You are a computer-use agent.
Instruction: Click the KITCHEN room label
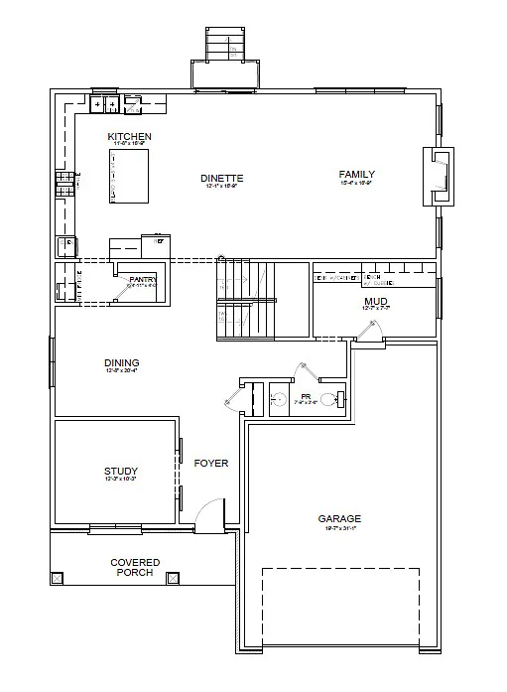click(129, 135)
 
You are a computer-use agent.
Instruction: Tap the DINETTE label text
click(222, 179)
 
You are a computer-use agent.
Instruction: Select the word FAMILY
click(357, 174)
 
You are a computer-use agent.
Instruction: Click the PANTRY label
click(143, 280)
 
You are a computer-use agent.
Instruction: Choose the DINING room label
click(121, 363)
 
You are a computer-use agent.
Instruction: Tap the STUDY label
click(120, 472)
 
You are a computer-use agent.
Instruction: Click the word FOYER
click(211, 464)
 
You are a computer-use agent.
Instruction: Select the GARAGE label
click(339, 519)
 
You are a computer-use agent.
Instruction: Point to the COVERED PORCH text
click(135, 568)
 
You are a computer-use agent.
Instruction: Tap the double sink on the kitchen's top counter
click(105, 103)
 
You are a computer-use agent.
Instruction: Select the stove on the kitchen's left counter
click(64, 183)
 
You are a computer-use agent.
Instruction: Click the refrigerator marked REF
click(65, 247)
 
